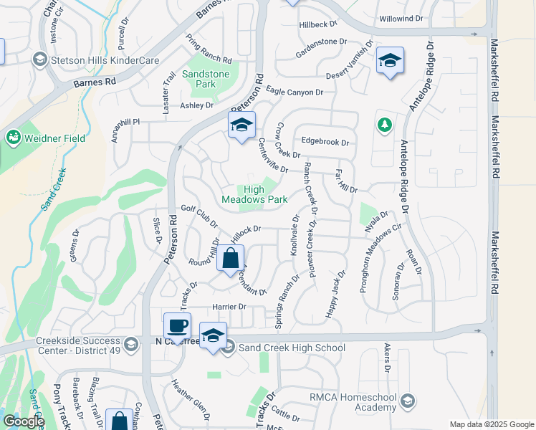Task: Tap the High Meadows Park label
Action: tap(254, 194)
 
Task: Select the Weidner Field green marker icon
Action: tap(13, 138)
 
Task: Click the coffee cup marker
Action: tap(177, 327)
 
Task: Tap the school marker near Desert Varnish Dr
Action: tap(390, 61)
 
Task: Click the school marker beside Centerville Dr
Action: tap(241, 125)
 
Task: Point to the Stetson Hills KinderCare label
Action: tap(103, 61)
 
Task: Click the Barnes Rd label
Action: tap(95, 82)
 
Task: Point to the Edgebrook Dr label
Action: tap(325, 142)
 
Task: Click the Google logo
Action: tap(23, 421)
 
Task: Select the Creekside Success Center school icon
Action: tap(130, 345)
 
